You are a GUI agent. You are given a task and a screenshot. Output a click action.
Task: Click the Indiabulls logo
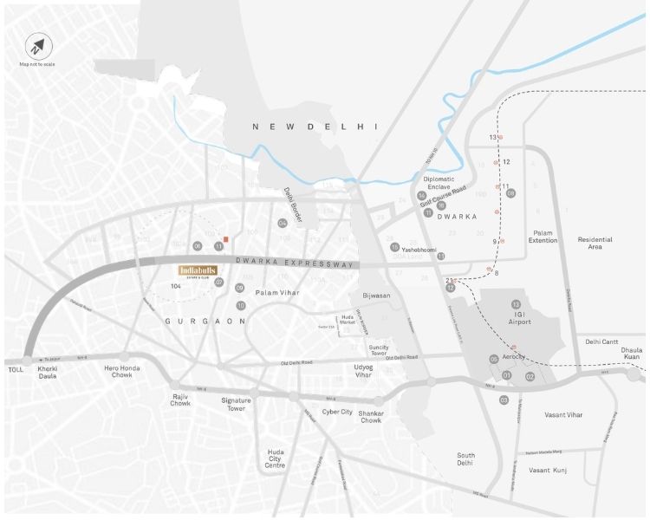tap(199, 271)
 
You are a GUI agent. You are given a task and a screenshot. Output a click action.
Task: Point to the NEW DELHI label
tap(315, 127)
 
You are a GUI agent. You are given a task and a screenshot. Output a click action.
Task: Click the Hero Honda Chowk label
tap(122, 372)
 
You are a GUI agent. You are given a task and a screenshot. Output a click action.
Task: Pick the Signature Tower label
tap(236, 404)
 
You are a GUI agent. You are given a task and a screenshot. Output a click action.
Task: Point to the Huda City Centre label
tap(276, 458)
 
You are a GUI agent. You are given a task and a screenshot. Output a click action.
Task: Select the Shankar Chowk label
tap(371, 416)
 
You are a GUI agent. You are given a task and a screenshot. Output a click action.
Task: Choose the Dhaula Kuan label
tap(632, 354)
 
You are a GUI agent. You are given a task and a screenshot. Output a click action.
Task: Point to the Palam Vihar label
tap(277, 293)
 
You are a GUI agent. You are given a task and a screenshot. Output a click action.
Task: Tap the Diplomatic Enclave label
tap(439, 183)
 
